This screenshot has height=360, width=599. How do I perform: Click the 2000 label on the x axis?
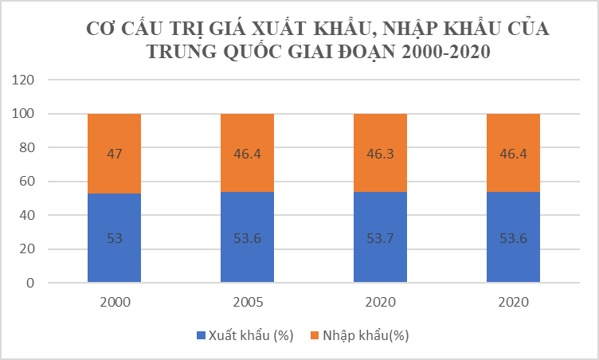[x=114, y=303]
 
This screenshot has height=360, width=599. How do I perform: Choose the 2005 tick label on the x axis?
[x=247, y=303]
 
